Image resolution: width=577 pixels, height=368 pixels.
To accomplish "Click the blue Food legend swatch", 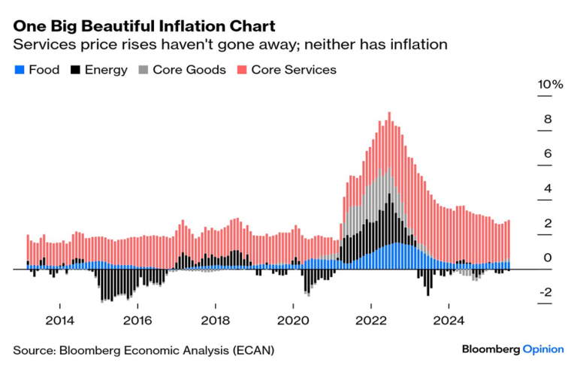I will (19, 70).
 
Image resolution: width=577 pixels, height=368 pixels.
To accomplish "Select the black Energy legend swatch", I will (75, 70).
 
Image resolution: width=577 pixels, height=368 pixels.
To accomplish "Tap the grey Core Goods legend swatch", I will (143, 70).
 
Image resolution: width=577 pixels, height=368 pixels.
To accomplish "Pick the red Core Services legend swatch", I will (241, 70).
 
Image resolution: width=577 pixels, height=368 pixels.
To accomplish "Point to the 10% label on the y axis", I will (550, 85).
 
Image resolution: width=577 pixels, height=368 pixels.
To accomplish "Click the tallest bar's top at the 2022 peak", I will (389, 113).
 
